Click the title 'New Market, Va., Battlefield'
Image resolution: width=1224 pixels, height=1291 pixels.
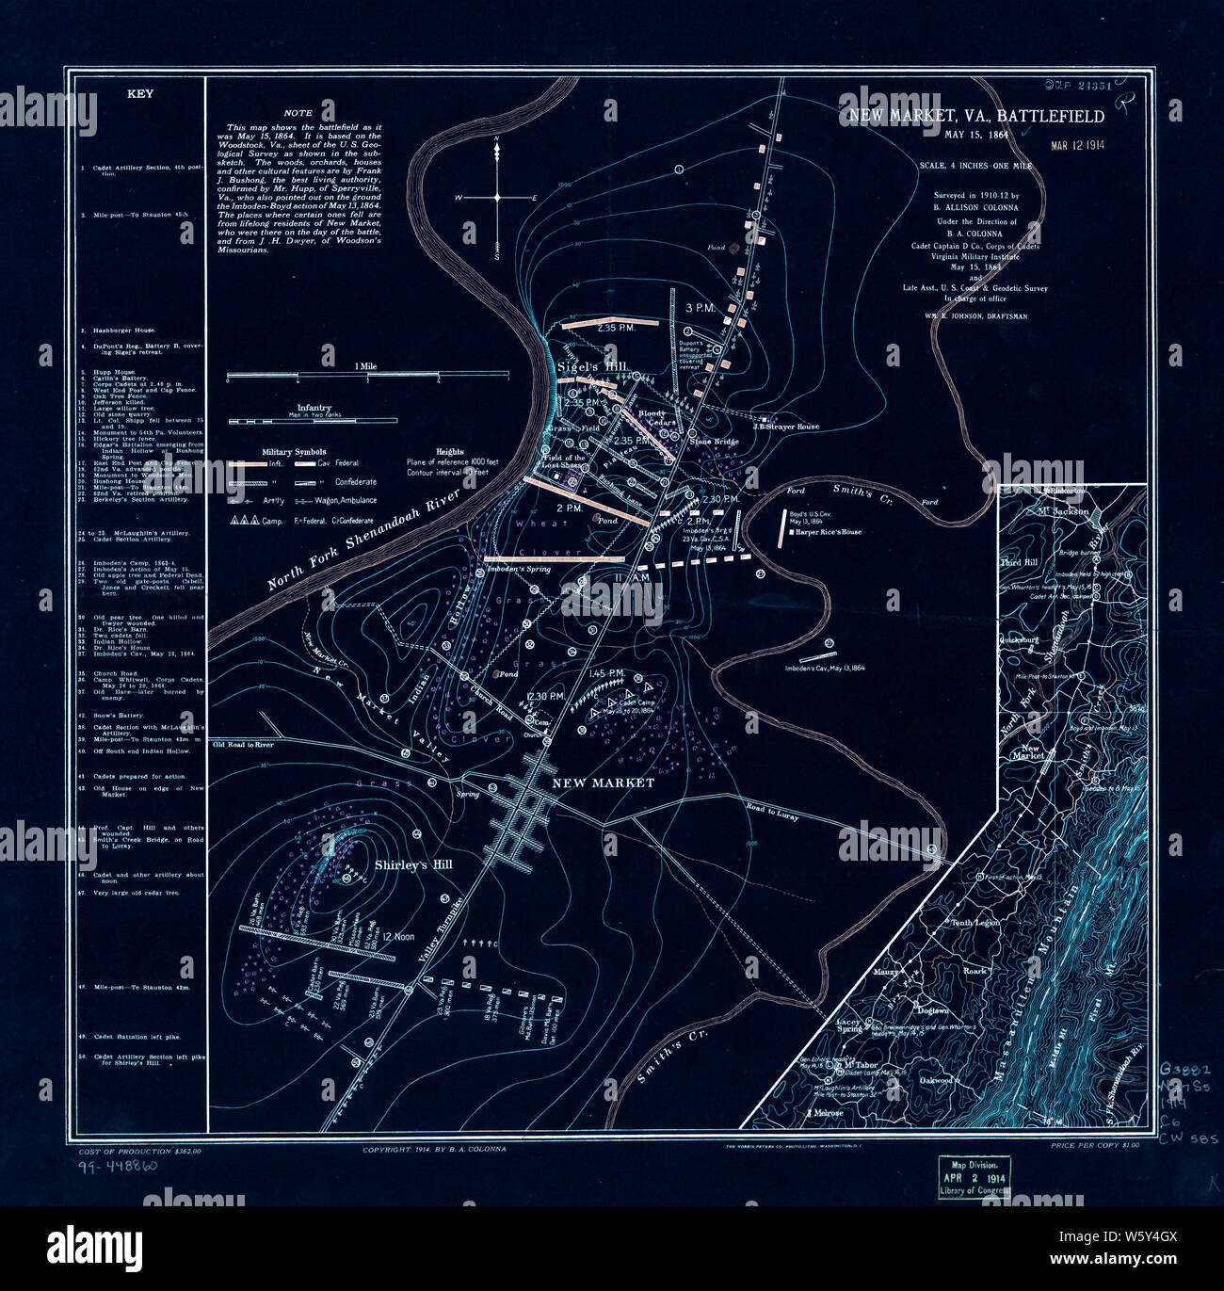point(976,116)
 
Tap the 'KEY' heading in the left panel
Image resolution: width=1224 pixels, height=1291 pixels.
point(139,94)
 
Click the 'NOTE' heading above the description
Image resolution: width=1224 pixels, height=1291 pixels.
point(298,113)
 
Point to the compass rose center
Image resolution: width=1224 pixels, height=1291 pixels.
point(497,198)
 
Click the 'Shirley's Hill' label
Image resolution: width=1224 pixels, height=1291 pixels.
point(413,864)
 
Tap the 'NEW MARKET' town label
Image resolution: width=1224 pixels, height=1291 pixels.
point(603,783)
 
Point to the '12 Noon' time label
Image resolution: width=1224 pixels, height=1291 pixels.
point(398,937)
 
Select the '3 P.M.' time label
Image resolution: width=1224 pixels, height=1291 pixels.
point(701,308)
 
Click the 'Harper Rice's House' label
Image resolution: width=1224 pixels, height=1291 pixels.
point(828,532)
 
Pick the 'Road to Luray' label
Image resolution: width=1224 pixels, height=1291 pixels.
point(772,812)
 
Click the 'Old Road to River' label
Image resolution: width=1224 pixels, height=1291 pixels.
point(243,745)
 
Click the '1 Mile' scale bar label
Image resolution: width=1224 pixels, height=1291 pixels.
point(365,366)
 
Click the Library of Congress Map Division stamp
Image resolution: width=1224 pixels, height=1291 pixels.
point(973,1177)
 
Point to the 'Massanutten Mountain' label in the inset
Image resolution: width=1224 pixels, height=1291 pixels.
point(1029,951)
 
